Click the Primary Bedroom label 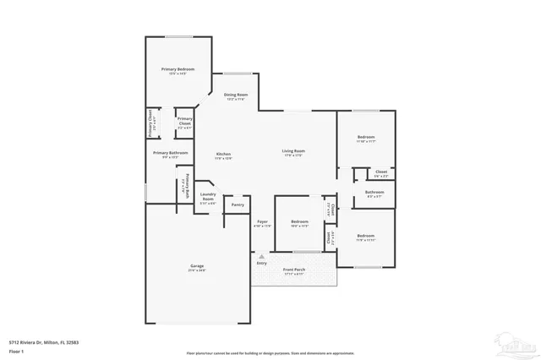(x=179, y=68)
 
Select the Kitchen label (x=222, y=154)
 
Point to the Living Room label (x=292, y=151)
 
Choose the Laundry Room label (x=208, y=198)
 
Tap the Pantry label (x=238, y=205)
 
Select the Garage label (x=196, y=266)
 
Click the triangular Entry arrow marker (x=262, y=255)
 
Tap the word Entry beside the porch (x=261, y=263)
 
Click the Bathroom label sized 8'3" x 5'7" (x=375, y=192)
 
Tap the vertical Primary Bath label (x=187, y=186)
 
